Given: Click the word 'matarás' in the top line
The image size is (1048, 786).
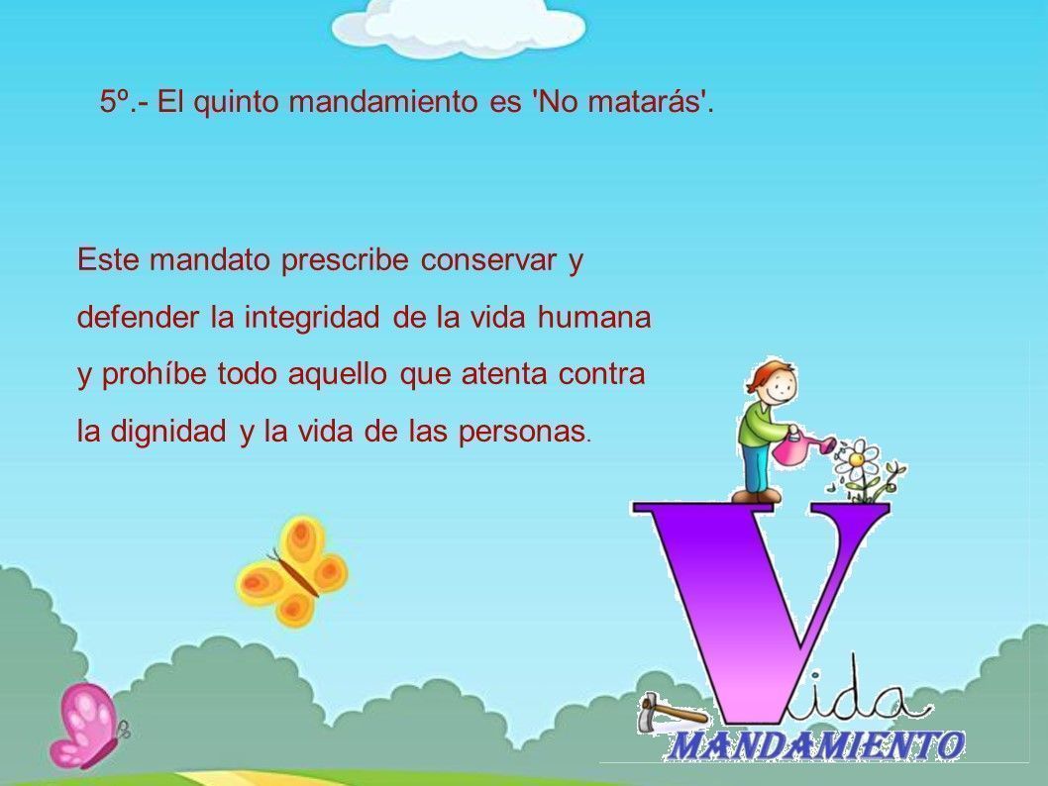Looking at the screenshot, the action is coord(645,102).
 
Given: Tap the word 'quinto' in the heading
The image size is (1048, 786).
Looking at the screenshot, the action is coord(236,103).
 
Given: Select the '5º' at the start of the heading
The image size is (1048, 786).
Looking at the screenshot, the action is coord(114,102).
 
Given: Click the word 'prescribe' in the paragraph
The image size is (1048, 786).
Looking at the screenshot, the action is coord(344,260).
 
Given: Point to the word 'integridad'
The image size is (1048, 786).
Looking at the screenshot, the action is coord(312,318).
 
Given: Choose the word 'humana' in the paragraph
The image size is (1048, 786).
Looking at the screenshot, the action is coord(594,317).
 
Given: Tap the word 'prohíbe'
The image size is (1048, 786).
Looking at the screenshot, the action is coord(155,374).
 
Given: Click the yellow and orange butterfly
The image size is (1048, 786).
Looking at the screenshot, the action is coord(292,571).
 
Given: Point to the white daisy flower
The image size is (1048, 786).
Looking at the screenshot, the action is coord(858,458).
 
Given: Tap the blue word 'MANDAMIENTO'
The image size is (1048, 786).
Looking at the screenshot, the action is coord(815,745).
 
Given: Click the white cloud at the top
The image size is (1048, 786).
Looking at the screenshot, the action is coord(459,27).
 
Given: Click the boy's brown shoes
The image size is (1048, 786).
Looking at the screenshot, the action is coord(757,496).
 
